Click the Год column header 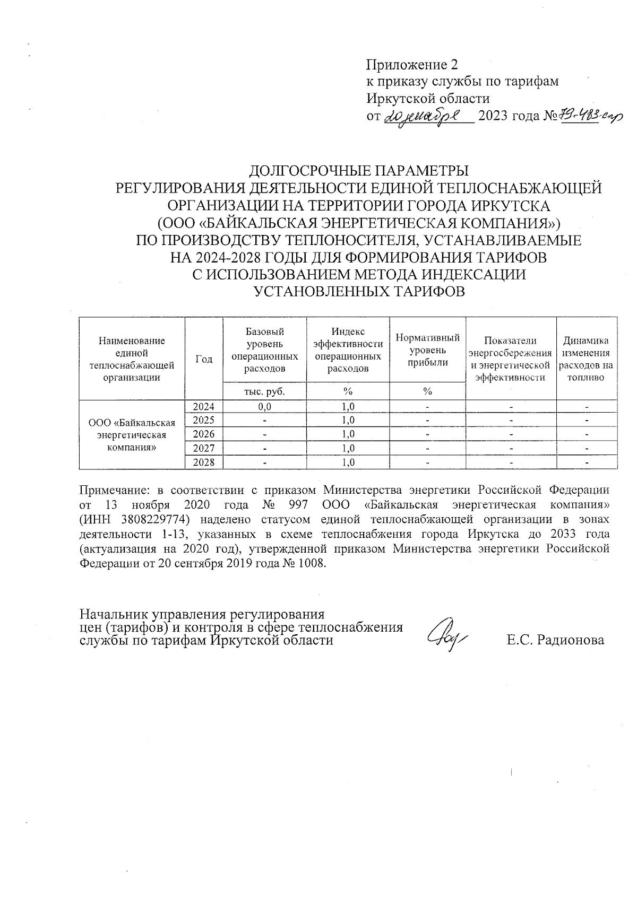click(x=204, y=359)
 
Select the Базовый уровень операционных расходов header click(x=264, y=350)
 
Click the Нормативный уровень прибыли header click(x=427, y=350)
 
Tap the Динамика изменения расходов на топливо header click(x=586, y=359)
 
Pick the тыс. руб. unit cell click(x=264, y=391)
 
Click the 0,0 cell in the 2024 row click(x=264, y=407)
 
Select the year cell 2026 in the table click(x=204, y=434)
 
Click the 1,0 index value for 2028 click(x=348, y=462)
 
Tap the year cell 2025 click(x=204, y=421)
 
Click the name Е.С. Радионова click(x=555, y=640)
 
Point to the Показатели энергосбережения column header click(x=511, y=359)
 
